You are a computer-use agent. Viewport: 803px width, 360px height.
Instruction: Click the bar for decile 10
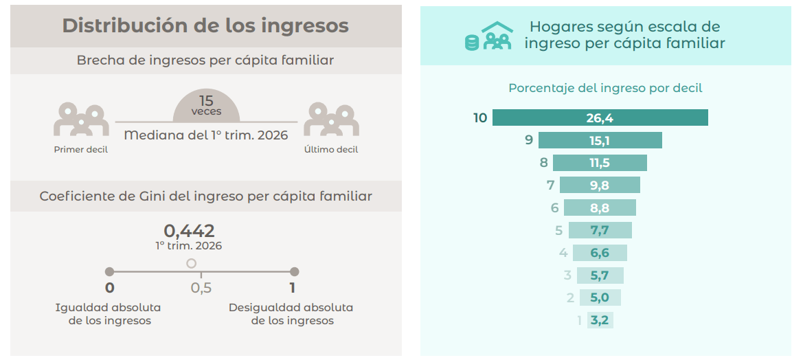[x=600, y=117]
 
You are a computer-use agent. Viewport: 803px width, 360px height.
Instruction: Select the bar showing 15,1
[x=600, y=140]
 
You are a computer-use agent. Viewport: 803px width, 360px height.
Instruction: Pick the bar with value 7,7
[x=600, y=230]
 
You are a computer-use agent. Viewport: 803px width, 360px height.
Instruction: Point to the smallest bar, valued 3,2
[x=600, y=321]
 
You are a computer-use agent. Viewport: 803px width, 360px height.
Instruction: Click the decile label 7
[x=550, y=185]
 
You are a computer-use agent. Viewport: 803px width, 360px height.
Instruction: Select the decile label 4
[x=563, y=253]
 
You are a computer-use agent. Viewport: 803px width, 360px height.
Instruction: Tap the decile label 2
[x=571, y=298]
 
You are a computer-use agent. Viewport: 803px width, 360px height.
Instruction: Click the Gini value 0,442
[x=189, y=231]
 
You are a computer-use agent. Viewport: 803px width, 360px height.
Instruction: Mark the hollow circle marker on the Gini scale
[x=192, y=264]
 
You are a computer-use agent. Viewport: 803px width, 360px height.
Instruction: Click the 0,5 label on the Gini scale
[x=201, y=288]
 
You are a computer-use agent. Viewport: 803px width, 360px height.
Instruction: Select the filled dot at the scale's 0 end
[x=109, y=272]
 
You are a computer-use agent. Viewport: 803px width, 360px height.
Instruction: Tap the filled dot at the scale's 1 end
[x=294, y=272]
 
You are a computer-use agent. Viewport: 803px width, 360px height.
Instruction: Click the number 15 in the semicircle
[x=206, y=101]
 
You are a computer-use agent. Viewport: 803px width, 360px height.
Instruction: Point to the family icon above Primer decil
[x=82, y=120]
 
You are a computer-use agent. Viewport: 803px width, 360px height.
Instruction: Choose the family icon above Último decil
[x=331, y=120]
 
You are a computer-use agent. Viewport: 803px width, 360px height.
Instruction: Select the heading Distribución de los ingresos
[x=205, y=26]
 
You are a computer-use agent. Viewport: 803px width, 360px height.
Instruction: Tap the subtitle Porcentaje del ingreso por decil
[x=605, y=88]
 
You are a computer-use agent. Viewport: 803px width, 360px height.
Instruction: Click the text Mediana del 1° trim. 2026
[x=206, y=136]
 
